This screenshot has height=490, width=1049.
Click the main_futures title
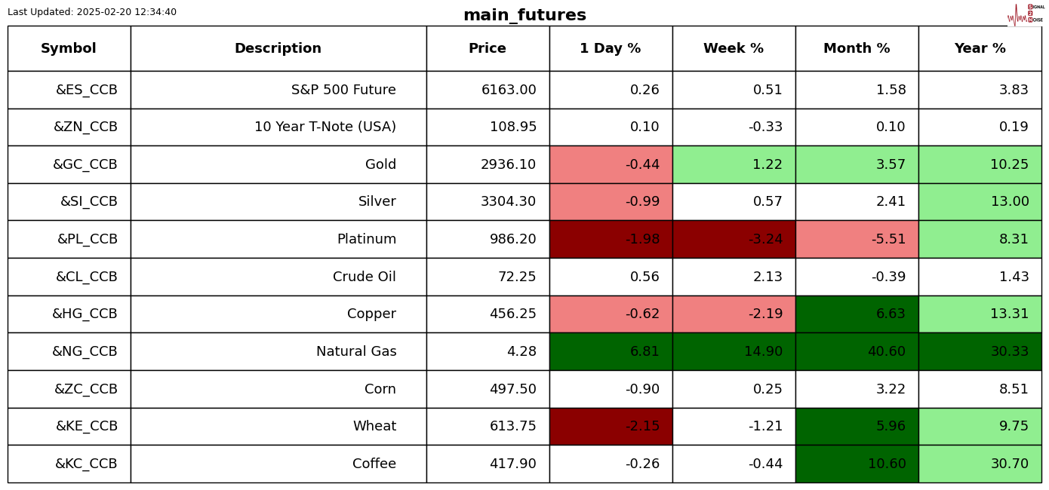[524, 15]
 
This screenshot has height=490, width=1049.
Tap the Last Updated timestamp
[92, 12]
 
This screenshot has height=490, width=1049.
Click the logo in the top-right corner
[1026, 14]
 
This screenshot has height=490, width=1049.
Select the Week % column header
[733, 49]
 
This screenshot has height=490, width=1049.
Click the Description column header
[278, 49]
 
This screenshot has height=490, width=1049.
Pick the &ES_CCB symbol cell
[86, 90]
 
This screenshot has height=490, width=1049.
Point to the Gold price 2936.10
[508, 164]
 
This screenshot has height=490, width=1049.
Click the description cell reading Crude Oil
[364, 277]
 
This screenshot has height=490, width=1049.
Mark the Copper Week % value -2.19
[764, 314]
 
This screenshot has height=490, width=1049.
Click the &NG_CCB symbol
[85, 351]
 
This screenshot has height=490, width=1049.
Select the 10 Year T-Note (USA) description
[325, 127]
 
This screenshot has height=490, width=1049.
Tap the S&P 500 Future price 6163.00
[508, 90]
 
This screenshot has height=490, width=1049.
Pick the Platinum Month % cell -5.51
[887, 239]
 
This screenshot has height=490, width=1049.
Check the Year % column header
[980, 49]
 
